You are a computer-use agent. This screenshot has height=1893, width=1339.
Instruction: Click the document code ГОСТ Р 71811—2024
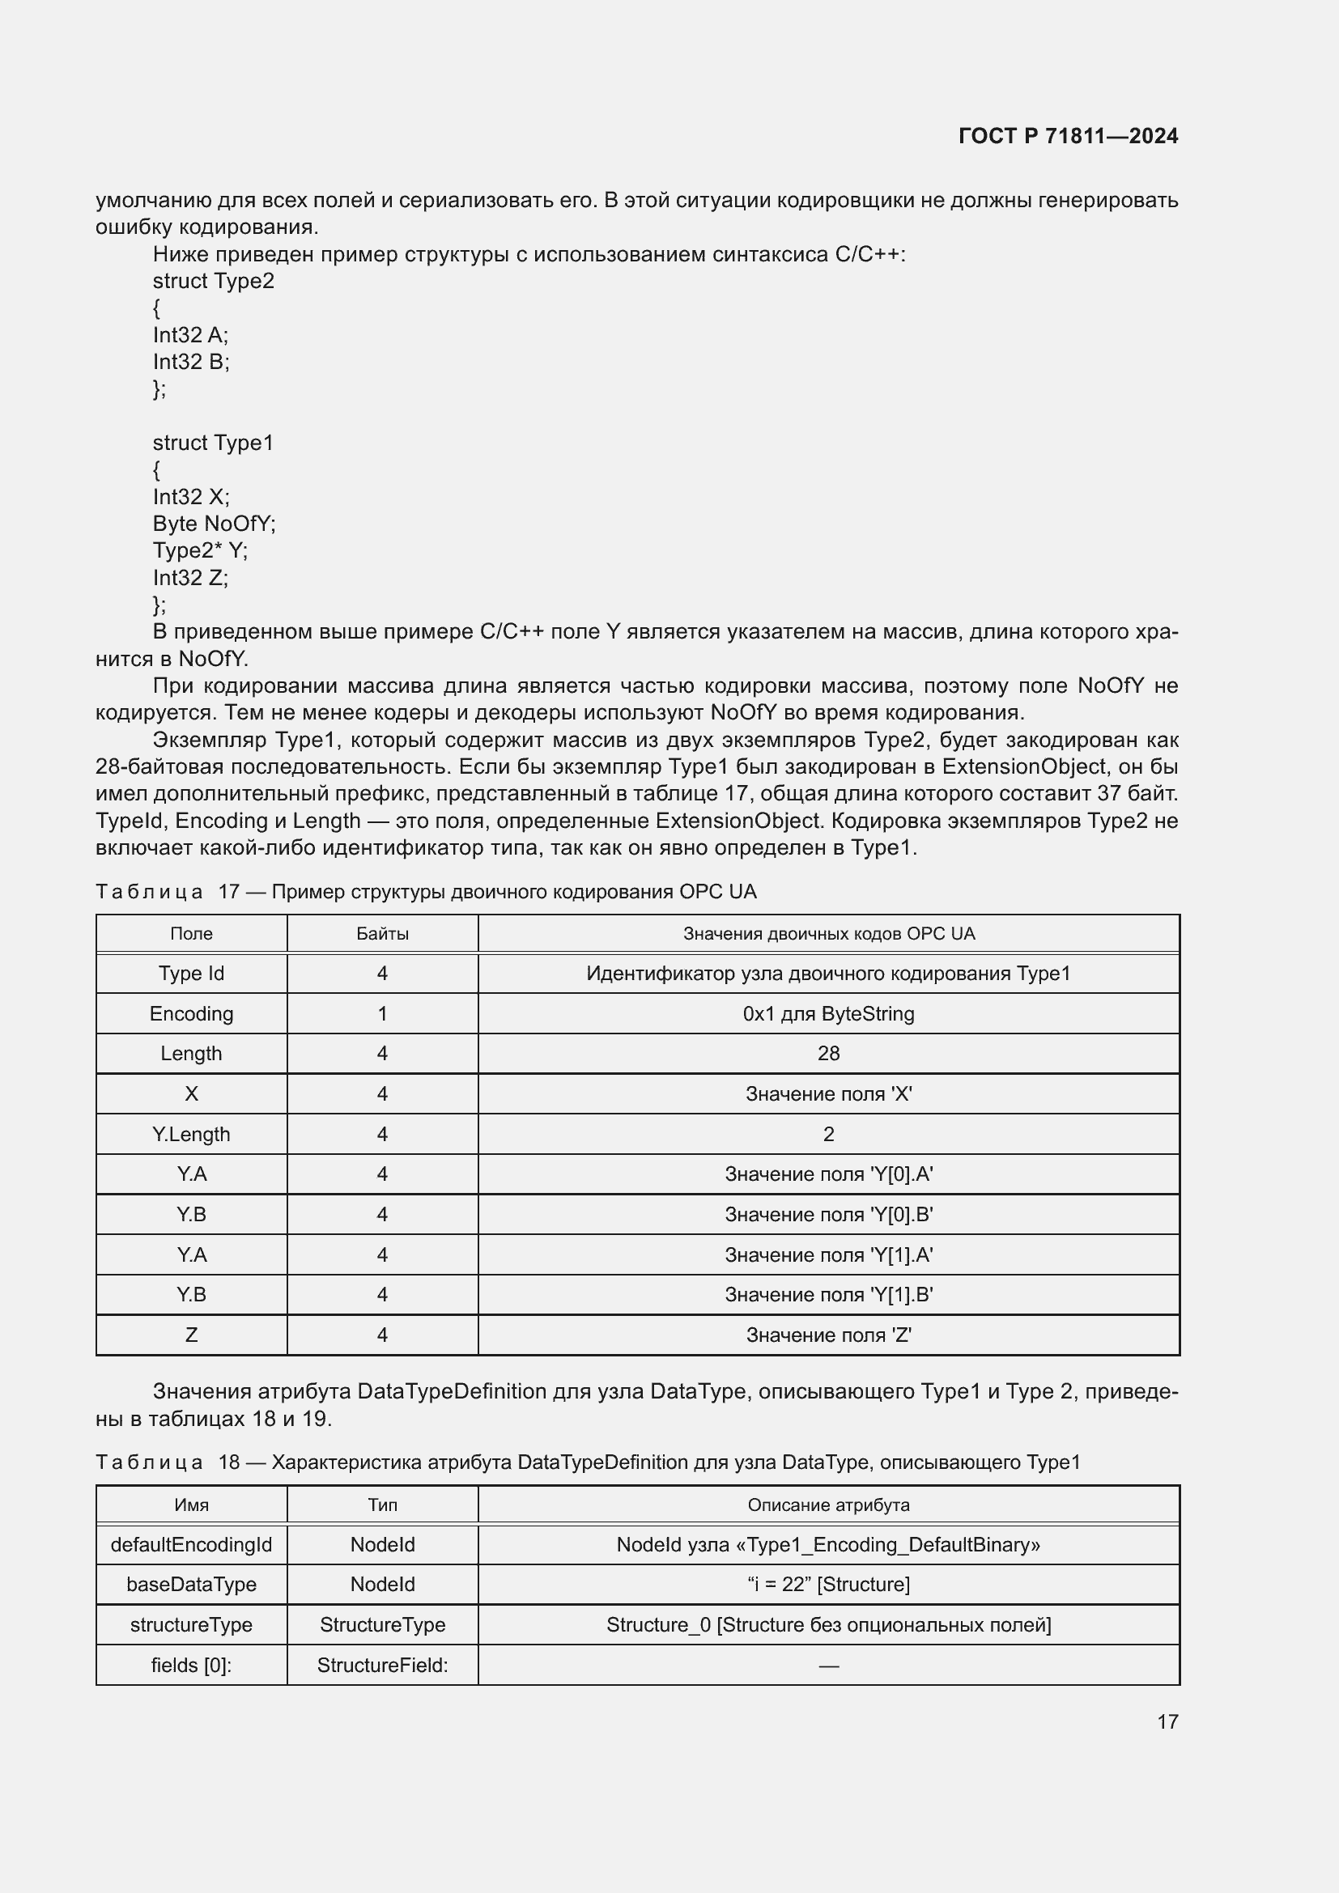pyautogui.click(x=1068, y=136)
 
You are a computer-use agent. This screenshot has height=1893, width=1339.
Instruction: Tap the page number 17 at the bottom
pyautogui.click(x=1167, y=1721)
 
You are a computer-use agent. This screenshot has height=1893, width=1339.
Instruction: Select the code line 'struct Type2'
pyautogui.click(x=214, y=281)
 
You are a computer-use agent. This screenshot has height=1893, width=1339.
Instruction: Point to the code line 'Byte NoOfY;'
pyautogui.click(x=215, y=524)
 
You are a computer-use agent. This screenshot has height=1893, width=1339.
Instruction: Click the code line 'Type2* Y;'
pyautogui.click(x=200, y=551)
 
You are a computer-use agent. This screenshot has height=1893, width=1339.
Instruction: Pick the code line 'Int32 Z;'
pyautogui.click(x=190, y=578)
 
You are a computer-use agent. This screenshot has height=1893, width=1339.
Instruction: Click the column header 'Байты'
pyautogui.click(x=383, y=934)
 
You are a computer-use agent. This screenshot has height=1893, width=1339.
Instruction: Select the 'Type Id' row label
pyautogui.click(x=191, y=974)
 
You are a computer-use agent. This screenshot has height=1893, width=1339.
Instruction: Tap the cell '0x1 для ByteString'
pyautogui.click(x=829, y=1014)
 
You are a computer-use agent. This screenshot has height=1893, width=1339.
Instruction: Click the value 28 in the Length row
pyautogui.click(x=829, y=1054)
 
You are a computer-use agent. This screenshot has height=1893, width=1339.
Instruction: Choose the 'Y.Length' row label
pyautogui.click(x=191, y=1135)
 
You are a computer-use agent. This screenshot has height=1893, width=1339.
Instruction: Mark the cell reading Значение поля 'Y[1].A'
pyautogui.click(x=829, y=1255)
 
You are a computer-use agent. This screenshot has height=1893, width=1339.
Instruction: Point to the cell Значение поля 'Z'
pyautogui.click(x=829, y=1335)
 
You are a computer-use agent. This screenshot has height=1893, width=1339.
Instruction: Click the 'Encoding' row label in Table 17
pyautogui.click(x=191, y=1014)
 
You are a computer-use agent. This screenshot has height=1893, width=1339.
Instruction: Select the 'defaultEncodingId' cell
pyautogui.click(x=191, y=1545)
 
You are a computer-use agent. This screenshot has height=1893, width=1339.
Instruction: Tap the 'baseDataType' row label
pyautogui.click(x=191, y=1585)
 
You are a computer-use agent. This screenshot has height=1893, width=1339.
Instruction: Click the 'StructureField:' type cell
pyautogui.click(x=383, y=1666)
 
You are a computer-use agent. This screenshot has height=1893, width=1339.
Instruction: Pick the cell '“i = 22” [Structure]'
pyautogui.click(x=829, y=1585)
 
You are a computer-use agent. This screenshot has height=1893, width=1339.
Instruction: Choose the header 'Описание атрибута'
pyautogui.click(x=829, y=1505)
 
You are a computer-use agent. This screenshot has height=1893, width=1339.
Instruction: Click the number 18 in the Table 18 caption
pyautogui.click(x=229, y=1462)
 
